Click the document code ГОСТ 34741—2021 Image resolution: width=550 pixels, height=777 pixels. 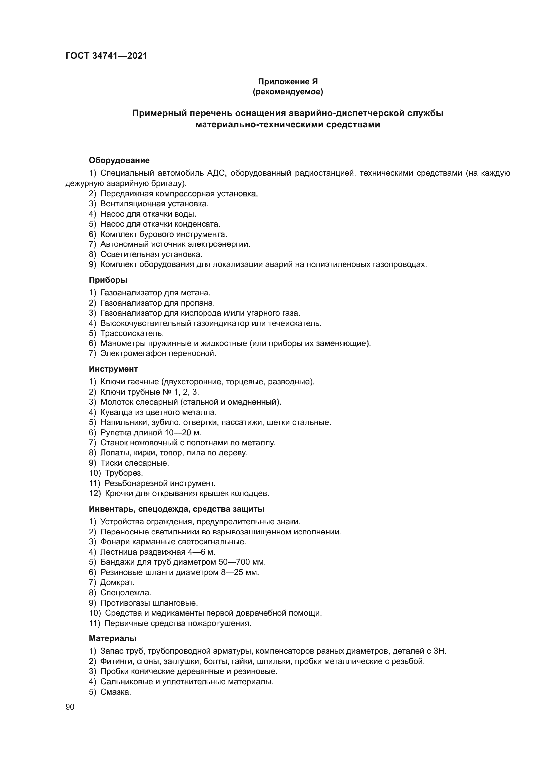[106, 56]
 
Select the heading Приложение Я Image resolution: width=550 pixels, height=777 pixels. [288, 82]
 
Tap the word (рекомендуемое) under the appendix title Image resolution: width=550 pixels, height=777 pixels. [288, 92]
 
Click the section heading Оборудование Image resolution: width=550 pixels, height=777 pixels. [119, 160]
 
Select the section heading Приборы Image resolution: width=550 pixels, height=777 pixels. [108, 280]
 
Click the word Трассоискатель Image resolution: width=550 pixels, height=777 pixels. [132, 333]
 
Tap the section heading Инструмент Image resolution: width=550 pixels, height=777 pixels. [113, 369]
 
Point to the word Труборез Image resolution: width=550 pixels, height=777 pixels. [124, 473]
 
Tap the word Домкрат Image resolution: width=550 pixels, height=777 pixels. [117, 582]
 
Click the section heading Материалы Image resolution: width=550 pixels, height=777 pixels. [112, 638]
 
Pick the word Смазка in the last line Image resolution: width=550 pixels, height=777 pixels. [115, 692]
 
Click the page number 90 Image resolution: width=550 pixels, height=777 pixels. [70, 707]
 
